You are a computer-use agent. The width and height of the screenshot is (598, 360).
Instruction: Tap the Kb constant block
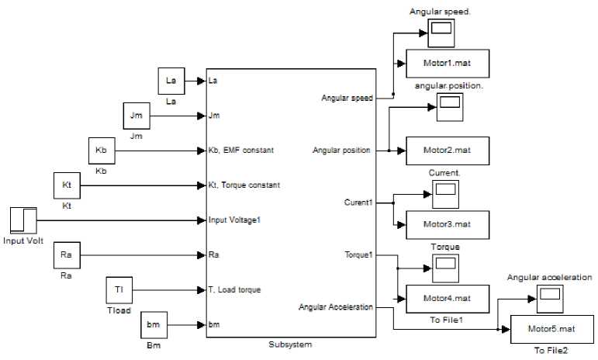click(x=101, y=151)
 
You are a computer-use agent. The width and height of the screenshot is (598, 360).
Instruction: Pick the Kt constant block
click(x=66, y=186)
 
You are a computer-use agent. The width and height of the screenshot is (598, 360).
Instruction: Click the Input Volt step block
click(x=24, y=220)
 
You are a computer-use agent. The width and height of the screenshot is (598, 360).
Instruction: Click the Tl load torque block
click(x=119, y=289)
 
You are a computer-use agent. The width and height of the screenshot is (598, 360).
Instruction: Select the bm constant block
click(x=154, y=325)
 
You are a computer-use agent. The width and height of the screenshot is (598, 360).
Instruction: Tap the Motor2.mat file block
click(x=447, y=151)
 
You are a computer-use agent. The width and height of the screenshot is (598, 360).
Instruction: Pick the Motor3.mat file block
click(x=447, y=225)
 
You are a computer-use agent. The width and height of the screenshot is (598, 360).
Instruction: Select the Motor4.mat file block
click(x=447, y=297)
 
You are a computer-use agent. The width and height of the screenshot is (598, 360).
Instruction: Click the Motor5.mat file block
click(x=552, y=329)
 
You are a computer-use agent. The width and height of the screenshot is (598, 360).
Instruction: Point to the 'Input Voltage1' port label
click(x=234, y=220)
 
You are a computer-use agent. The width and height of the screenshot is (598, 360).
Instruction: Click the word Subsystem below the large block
click(x=289, y=344)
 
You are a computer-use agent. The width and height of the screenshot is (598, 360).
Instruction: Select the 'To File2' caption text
click(x=551, y=351)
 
